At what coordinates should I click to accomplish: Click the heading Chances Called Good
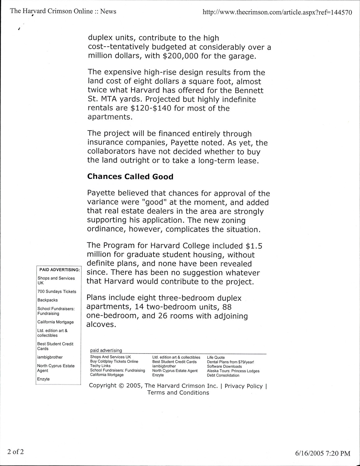[130, 176]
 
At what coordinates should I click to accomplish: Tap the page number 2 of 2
[16, 451]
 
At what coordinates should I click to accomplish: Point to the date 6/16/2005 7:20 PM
[322, 453]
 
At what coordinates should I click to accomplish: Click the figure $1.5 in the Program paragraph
[254, 246]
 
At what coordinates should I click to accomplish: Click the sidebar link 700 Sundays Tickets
[57, 291]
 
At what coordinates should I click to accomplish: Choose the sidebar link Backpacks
[48, 300]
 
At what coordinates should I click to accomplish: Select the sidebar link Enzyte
[43, 379]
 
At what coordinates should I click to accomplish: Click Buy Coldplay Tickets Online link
[114, 361]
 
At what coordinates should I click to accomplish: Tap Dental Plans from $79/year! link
[230, 362]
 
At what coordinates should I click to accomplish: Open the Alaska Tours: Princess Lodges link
[233, 371]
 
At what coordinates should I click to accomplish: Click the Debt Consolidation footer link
[223, 375]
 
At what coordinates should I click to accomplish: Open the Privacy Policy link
[244, 386]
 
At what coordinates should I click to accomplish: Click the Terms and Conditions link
[178, 393]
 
